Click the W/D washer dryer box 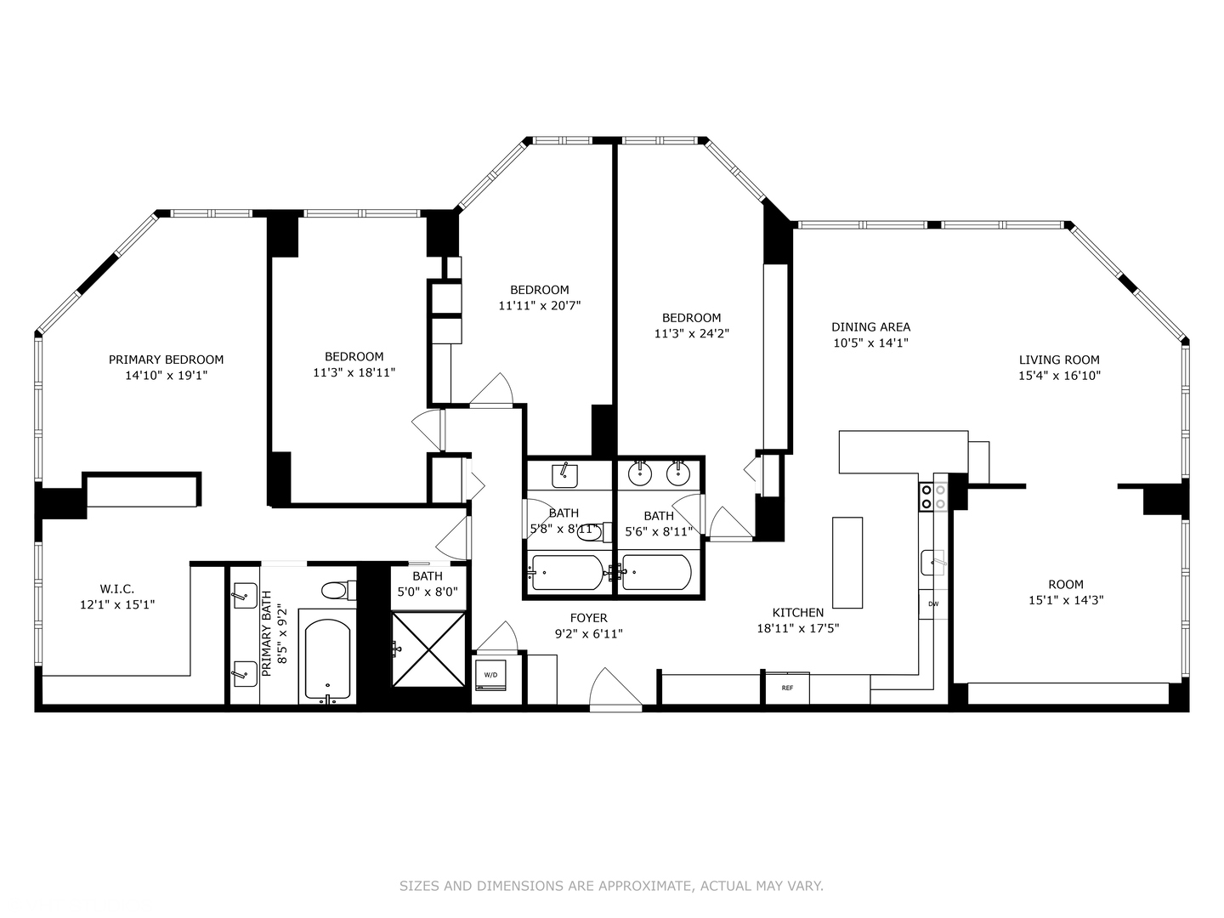490,676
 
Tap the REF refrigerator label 787,688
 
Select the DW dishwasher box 933,604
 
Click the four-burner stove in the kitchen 933,496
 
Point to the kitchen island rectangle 847,562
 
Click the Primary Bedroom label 166,360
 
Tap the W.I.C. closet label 117,588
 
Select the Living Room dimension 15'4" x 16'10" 1059,375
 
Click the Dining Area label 870,326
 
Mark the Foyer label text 588,618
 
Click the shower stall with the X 428,649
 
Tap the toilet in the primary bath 339,589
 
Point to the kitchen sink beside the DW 934,563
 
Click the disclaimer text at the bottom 611,886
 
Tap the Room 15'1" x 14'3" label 1065,592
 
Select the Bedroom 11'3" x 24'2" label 691,326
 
